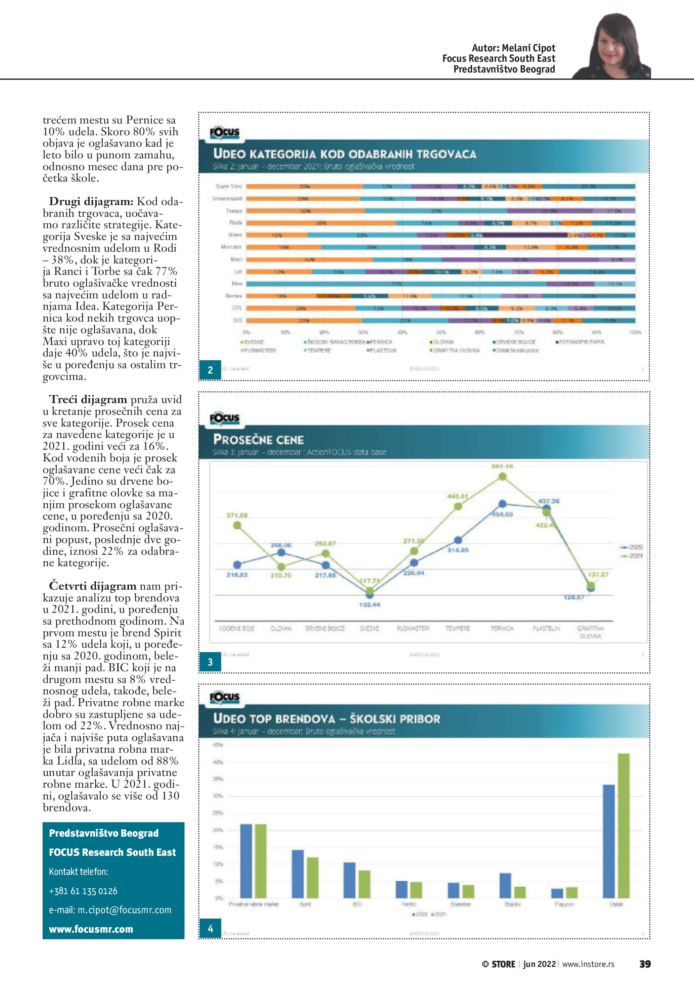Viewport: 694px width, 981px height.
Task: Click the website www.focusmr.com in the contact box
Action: coord(91,929)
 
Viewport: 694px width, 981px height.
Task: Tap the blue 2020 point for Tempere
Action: coord(458,540)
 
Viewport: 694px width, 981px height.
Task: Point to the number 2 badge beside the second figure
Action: coord(210,370)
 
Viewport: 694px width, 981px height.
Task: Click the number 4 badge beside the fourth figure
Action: coord(210,929)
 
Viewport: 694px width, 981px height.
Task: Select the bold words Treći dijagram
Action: coord(88,399)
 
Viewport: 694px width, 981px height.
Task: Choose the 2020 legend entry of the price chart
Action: coord(632,547)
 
